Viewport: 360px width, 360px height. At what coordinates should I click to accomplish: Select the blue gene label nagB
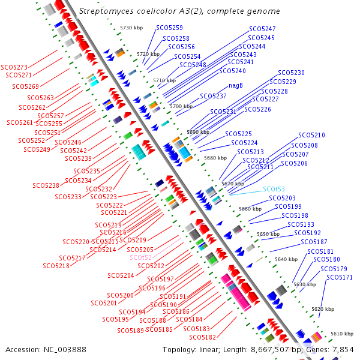pyautogui.click(x=236, y=85)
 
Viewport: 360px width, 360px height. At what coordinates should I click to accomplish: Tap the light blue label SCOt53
pyautogui.click(x=274, y=189)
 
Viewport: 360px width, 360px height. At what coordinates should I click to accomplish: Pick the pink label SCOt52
pyautogui.click(x=142, y=257)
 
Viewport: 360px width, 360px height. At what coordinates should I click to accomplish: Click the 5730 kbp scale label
pyautogui.click(x=132, y=28)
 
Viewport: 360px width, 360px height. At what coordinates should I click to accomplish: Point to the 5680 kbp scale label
pyautogui.click(x=215, y=158)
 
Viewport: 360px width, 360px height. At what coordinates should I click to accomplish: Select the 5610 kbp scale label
pyautogui.click(x=342, y=333)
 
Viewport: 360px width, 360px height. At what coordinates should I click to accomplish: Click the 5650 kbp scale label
pyautogui.click(x=268, y=234)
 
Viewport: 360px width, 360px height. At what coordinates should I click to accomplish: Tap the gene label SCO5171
pyautogui.click(x=340, y=277)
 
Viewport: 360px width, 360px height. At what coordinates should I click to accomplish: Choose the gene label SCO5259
pyautogui.click(x=170, y=28)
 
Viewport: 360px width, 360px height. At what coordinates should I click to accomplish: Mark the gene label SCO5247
pyautogui.click(x=262, y=29)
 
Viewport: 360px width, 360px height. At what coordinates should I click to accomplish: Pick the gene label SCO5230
pyautogui.click(x=291, y=73)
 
